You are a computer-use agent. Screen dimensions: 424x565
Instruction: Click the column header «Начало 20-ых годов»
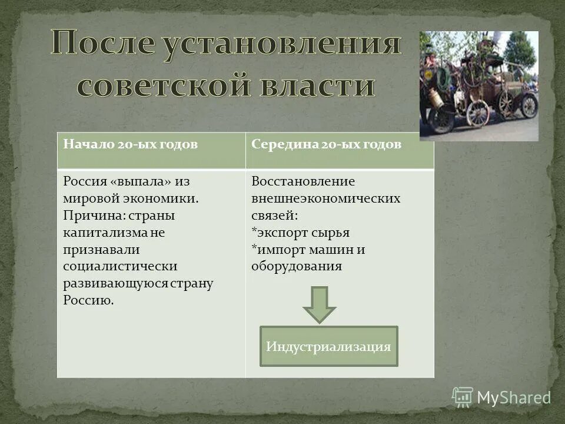[130, 145]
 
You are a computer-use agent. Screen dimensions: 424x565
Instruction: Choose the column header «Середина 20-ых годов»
[326, 145]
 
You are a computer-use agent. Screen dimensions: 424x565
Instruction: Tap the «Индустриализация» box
[328, 346]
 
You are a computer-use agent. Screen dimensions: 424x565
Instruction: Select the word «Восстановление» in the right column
[303, 181]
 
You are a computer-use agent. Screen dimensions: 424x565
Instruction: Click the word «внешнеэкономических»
[325, 198]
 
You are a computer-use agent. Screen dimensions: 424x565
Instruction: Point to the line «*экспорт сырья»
[300, 232]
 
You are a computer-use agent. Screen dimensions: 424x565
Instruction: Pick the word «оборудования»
[297, 266]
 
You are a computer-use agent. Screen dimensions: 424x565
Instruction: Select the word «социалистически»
[120, 267]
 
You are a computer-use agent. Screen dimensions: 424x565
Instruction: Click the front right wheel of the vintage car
[529, 106]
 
